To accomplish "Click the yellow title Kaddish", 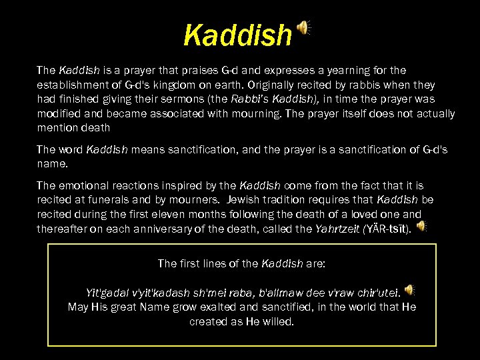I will point(237,35).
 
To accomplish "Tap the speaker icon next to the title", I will point(303,27).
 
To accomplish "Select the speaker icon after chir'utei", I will point(409,290).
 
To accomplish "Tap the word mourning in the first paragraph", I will point(251,113).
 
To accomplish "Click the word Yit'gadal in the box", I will point(105,293).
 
